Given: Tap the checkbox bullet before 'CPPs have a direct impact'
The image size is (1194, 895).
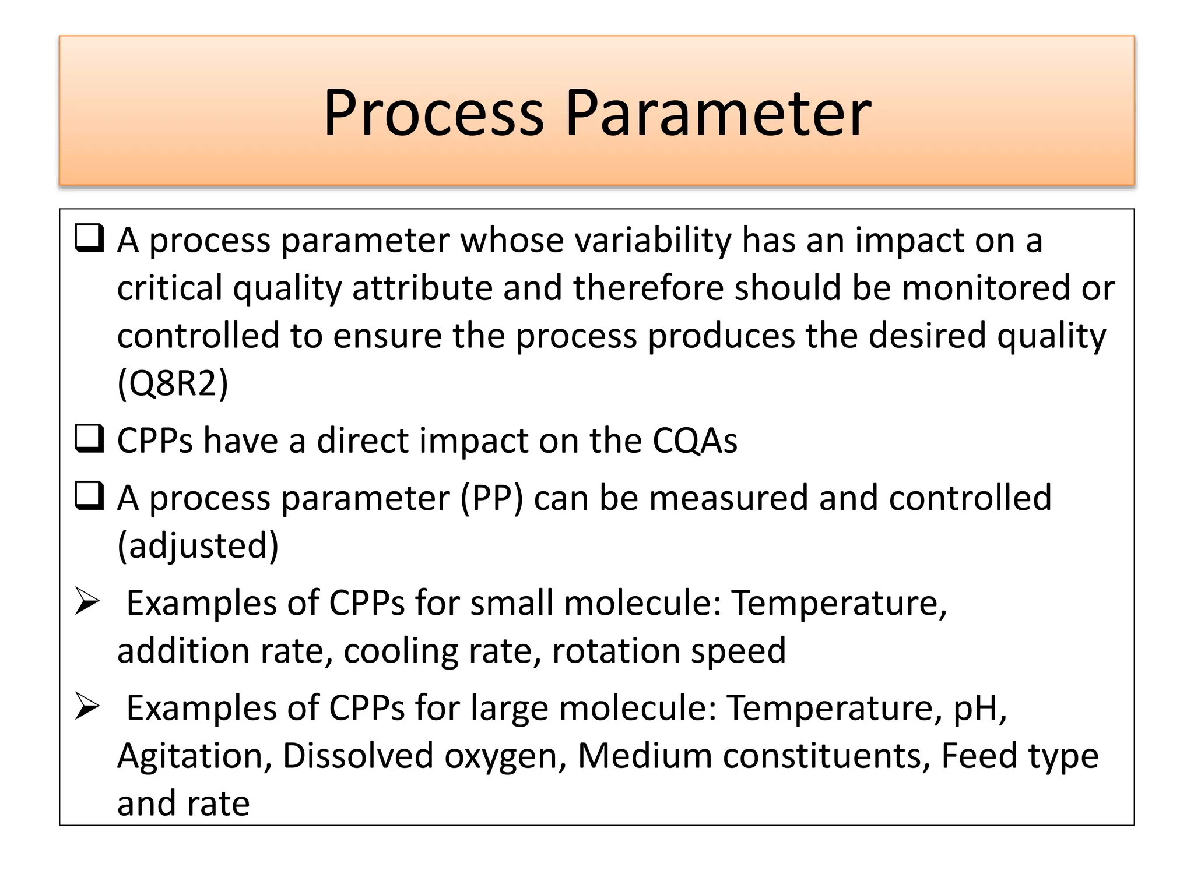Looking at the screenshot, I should [89, 439].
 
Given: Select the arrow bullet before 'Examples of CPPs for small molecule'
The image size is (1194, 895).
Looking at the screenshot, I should [88, 601].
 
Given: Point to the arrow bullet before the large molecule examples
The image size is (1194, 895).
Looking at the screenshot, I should [88, 707].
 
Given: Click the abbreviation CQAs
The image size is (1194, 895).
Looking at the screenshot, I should [694, 440].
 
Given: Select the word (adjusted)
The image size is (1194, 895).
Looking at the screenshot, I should [198, 546].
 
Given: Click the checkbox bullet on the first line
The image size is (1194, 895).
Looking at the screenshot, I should [89, 238].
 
